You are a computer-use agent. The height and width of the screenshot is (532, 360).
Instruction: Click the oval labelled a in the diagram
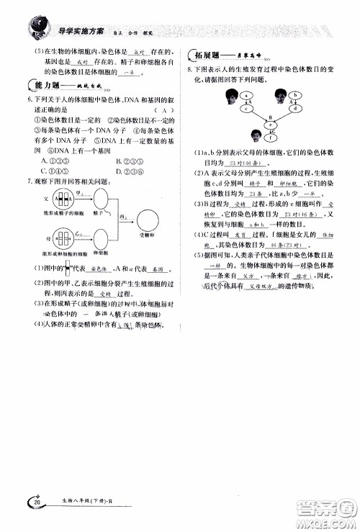point(246,96)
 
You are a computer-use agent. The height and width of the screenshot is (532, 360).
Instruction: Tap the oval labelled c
point(246,109)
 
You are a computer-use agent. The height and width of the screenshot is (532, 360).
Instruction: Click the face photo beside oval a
point(231,95)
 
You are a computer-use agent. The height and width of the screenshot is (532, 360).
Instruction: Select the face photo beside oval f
point(256,135)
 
